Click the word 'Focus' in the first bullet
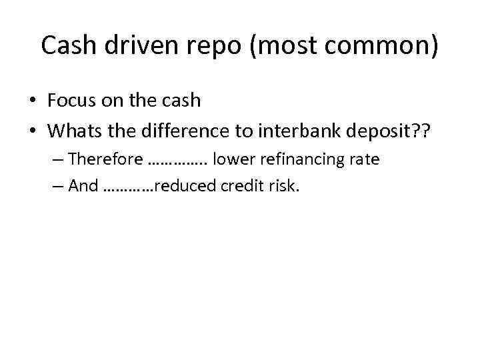(x=73, y=100)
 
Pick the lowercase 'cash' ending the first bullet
(x=179, y=100)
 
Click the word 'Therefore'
(x=105, y=159)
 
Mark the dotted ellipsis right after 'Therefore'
(x=177, y=161)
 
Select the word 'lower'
(x=231, y=159)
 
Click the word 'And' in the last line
(x=83, y=186)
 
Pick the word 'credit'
(x=235, y=186)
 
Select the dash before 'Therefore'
(x=57, y=160)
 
